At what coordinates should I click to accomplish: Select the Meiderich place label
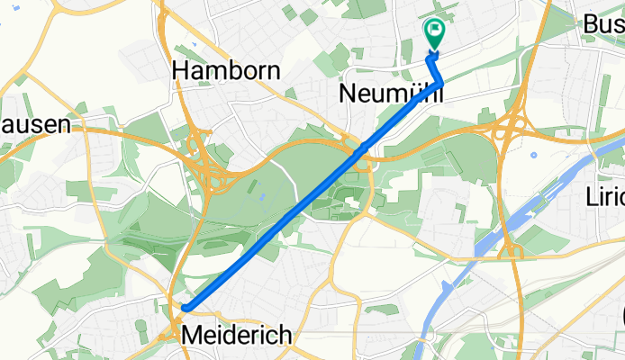237,336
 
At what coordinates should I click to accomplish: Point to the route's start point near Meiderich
184,309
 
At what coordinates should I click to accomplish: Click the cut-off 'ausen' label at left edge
34,125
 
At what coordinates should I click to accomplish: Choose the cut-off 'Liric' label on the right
604,196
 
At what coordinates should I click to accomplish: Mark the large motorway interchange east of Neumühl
516,126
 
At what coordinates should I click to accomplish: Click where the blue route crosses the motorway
362,147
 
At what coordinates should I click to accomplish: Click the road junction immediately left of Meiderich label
168,334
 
